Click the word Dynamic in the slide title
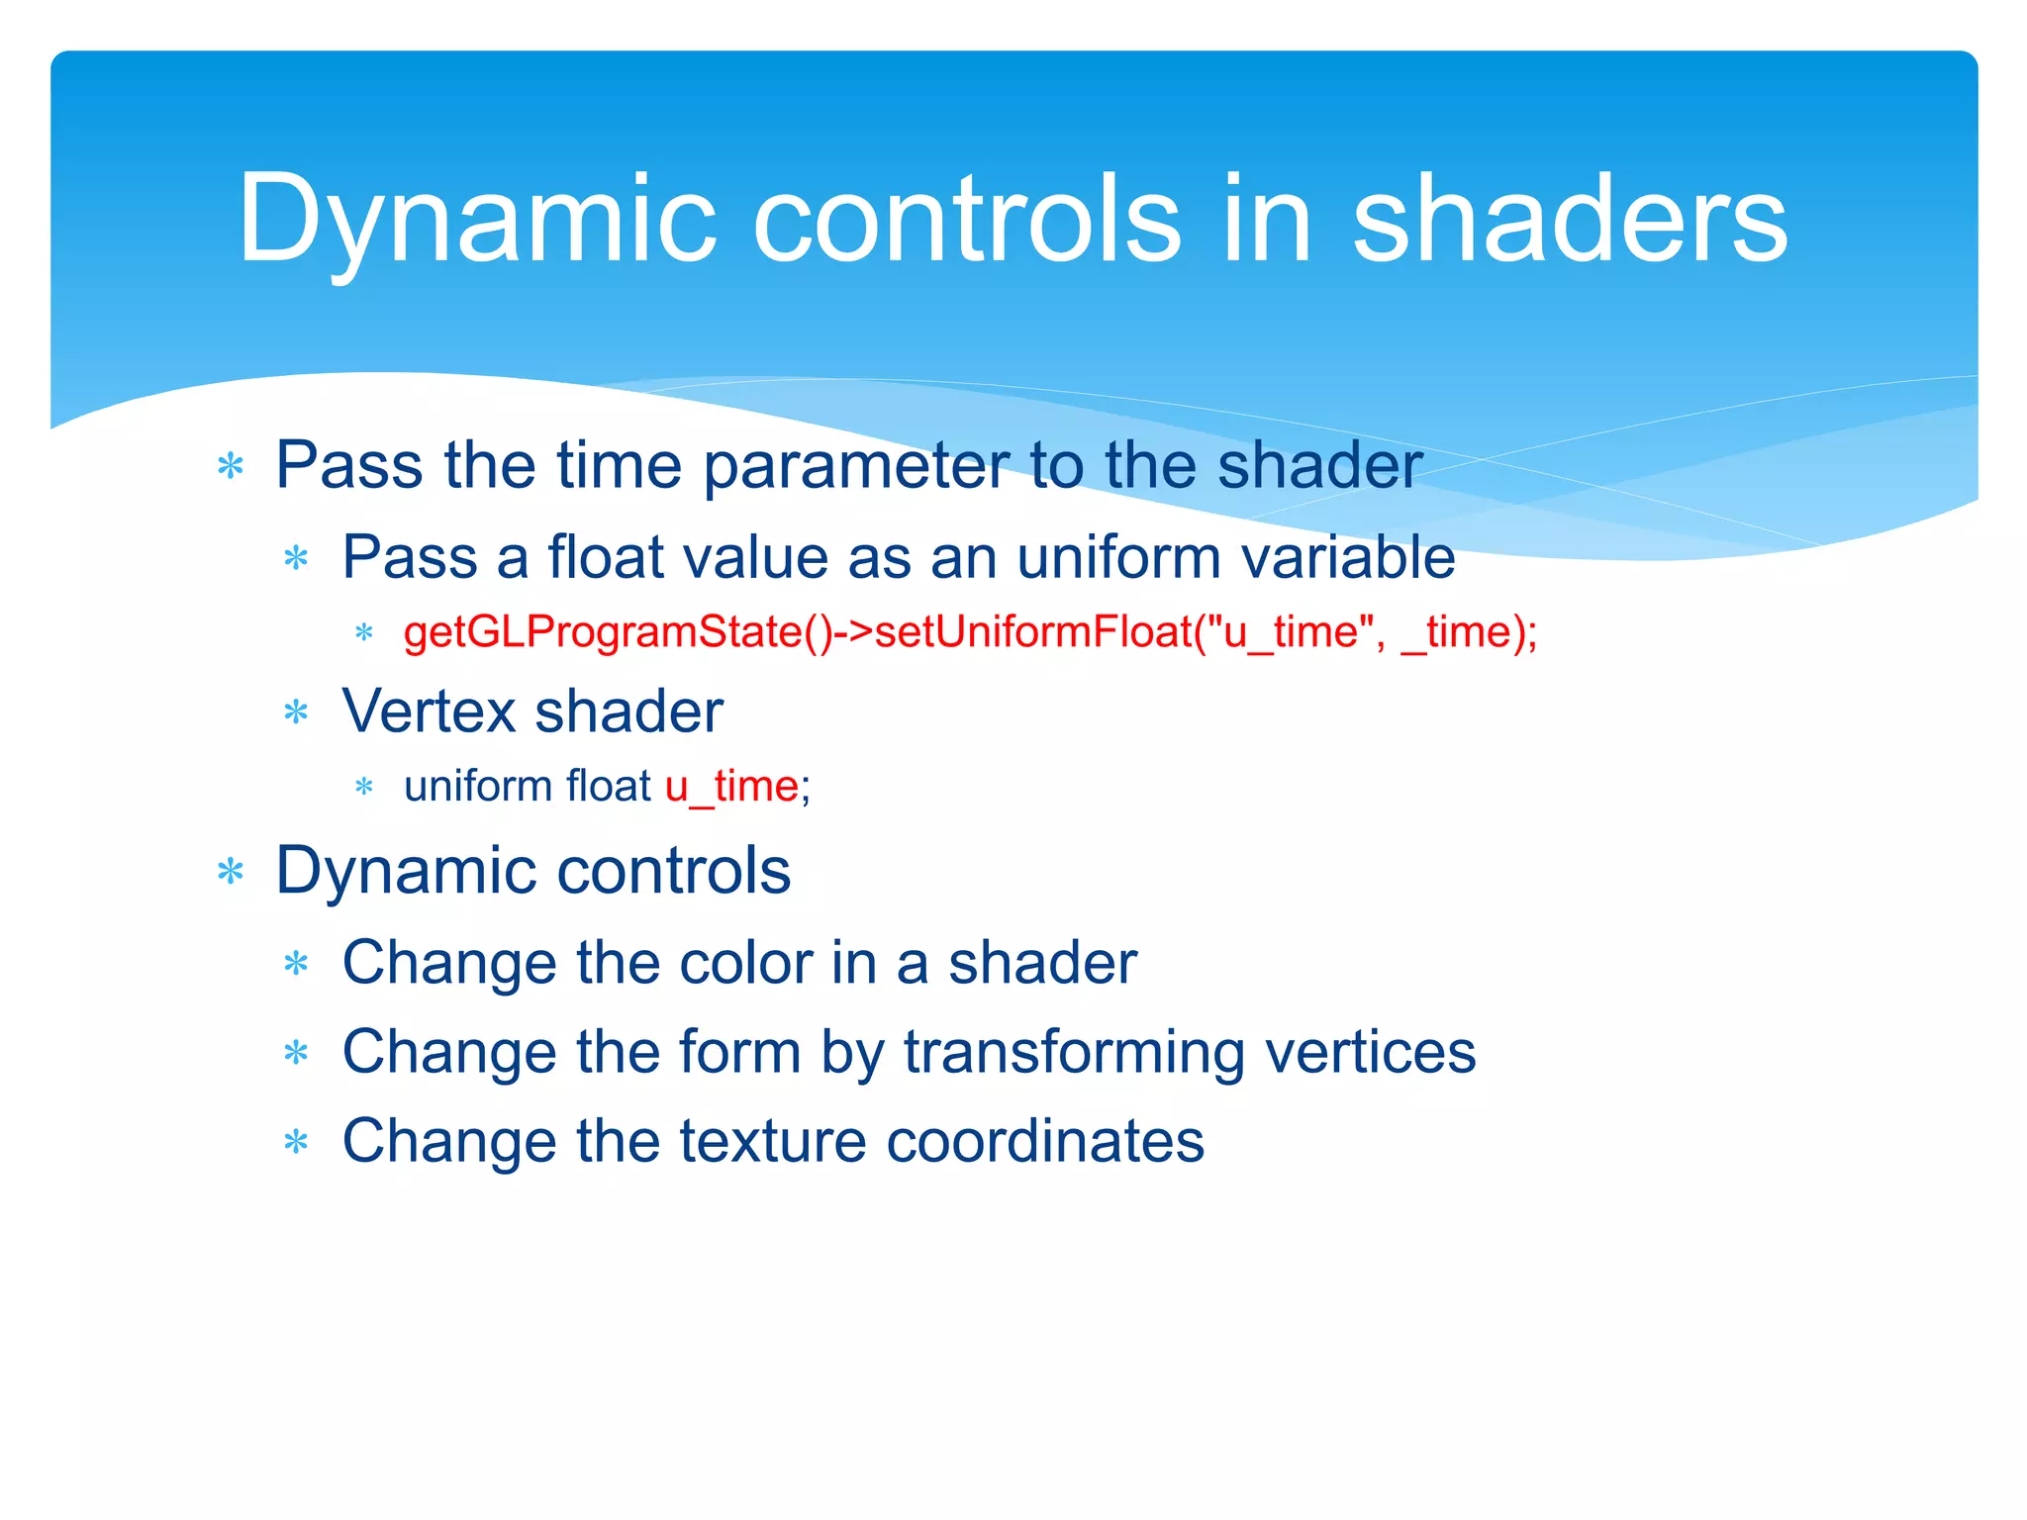tap(475, 220)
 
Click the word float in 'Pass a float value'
tap(605, 556)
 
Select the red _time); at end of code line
tap(1469, 632)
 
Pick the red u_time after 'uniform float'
tap(731, 787)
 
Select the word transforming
tap(1074, 1052)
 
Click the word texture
tap(773, 1141)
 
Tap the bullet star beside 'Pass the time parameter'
tap(231, 466)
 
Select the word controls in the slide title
tap(966, 220)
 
